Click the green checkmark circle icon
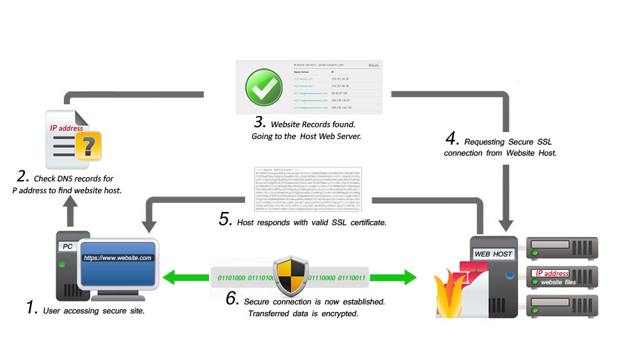(263, 87)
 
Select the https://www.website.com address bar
(117, 258)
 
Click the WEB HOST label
(493, 254)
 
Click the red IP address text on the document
(66, 128)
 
